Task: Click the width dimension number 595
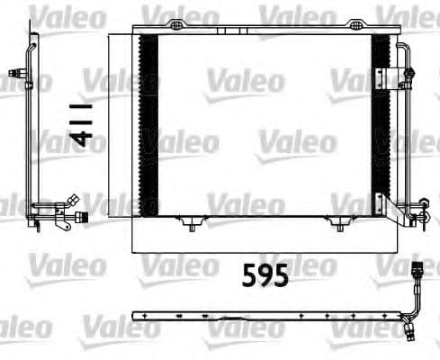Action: (x=265, y=274)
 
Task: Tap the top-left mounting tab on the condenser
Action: (x=178, y=22)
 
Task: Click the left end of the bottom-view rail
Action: (x=136, y=315)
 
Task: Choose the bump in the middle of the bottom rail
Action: (x=269, y=314)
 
